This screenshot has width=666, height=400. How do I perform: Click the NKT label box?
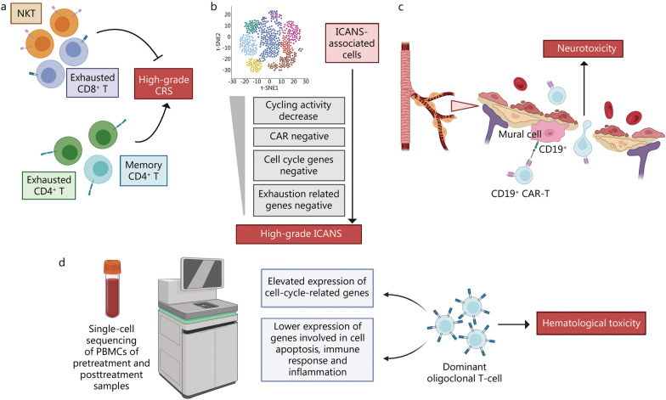[x=25, y=14]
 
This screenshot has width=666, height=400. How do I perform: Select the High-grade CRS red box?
[x=163, y=84]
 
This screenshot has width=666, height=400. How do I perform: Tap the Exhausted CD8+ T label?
[x=93, y=83]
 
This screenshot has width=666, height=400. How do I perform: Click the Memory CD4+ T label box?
[x=144, y=170]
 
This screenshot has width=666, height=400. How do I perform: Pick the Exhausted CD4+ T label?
[x=49, y=185]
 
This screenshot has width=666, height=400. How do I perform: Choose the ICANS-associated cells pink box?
[x=352, y=43]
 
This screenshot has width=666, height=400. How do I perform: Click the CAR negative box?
[x=299, y=137]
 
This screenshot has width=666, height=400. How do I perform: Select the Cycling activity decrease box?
[x=299, y=110]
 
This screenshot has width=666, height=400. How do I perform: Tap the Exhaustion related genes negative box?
[x=299, y=200]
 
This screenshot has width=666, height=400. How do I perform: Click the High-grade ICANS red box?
[x=299, y=234]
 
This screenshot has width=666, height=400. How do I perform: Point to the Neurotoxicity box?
[x=584, y=48]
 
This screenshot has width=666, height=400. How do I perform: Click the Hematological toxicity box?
[x=591, y=323]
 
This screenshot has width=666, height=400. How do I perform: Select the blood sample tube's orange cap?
[x=112, y=267]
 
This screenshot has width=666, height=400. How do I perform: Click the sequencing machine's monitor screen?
[x=202, y=273]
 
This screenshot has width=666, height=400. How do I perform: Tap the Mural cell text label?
[x=520, y=134]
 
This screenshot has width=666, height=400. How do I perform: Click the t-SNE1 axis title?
[x=269, y=88]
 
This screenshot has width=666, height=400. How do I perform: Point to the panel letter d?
[x=62, y=262]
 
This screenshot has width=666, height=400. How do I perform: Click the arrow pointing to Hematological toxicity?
[x=514, y=324]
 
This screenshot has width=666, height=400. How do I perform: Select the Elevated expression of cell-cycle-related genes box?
[x=317, y=287]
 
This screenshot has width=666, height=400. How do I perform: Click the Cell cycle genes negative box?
[x=299, y=165]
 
